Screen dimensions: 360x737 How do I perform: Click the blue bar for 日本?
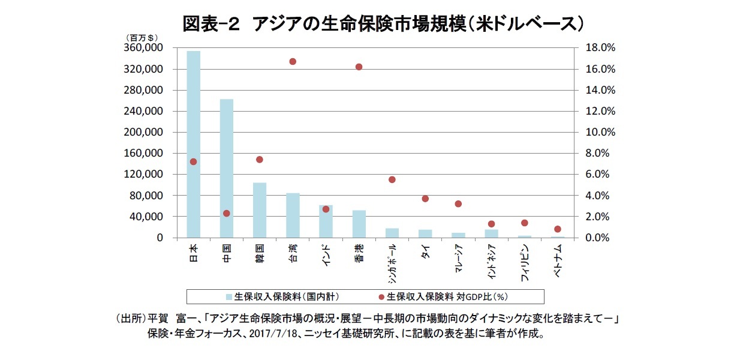point(194,144)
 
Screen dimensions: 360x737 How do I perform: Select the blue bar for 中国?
point(227,168)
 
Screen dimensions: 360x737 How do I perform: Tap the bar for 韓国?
point(260,210)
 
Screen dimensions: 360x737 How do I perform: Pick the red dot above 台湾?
point(293,61)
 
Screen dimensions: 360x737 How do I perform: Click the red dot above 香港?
point(359,67)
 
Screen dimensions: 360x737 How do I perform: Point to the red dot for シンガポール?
point(392,179)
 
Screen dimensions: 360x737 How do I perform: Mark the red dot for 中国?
point(227,213)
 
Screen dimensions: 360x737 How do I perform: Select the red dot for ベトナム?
point(557,229)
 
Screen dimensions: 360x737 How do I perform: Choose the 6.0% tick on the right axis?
point(595,175)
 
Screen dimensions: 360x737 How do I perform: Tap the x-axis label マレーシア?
point(458,259)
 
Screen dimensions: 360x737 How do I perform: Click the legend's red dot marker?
point(381,296)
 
